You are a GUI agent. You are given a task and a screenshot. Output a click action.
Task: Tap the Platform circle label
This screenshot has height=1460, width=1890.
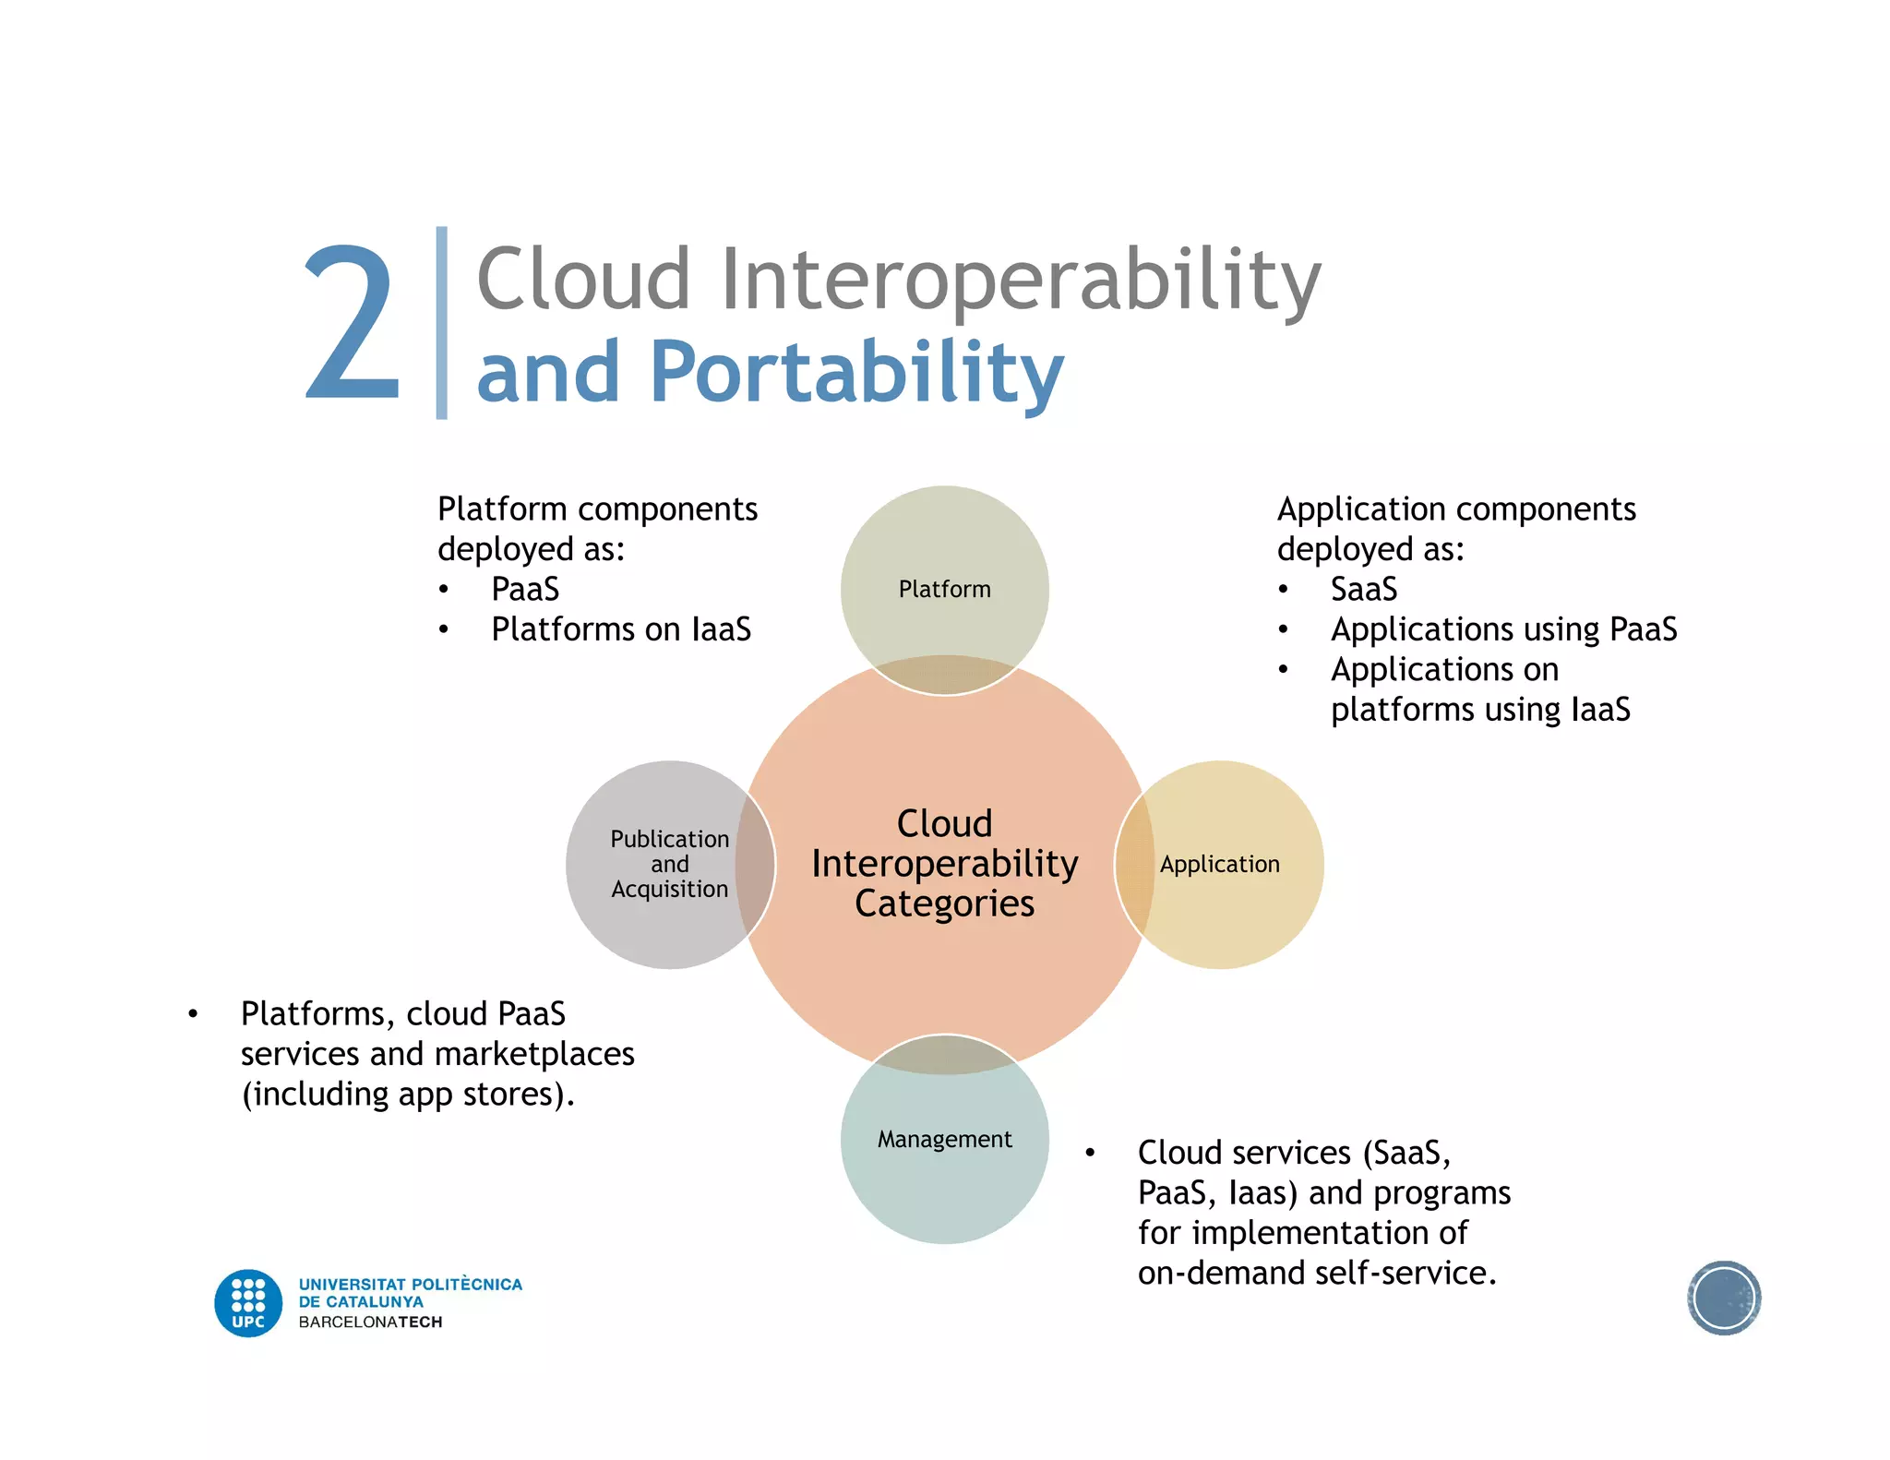point(944,590)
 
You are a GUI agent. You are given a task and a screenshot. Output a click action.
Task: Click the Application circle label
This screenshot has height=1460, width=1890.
point(1219,865)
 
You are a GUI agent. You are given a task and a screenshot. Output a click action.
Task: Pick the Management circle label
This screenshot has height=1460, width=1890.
point(944,1140)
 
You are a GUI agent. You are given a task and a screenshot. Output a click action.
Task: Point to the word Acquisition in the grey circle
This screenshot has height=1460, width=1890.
point(669,890)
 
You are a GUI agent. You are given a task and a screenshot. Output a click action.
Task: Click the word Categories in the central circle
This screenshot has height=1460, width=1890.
point(944,904)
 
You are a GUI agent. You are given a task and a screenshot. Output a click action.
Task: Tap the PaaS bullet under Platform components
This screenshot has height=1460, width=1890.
point(525,590)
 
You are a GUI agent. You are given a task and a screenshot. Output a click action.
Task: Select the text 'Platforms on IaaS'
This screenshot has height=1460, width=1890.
point(621,629)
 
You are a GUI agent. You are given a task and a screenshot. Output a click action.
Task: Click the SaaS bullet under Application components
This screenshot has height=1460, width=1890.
point(1364,590)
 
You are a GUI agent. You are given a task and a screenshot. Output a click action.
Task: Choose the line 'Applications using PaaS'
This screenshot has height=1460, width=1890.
point(1503,629)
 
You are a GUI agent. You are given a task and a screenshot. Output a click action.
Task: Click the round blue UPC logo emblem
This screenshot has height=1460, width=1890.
point(248,1303)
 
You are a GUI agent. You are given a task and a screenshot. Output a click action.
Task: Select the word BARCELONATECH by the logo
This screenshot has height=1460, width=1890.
point(370,1322)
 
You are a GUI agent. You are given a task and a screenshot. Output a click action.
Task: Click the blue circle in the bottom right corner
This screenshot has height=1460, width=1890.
point(1723,1298)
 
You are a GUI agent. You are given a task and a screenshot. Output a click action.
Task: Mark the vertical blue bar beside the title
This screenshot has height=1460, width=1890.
point(442,323)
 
